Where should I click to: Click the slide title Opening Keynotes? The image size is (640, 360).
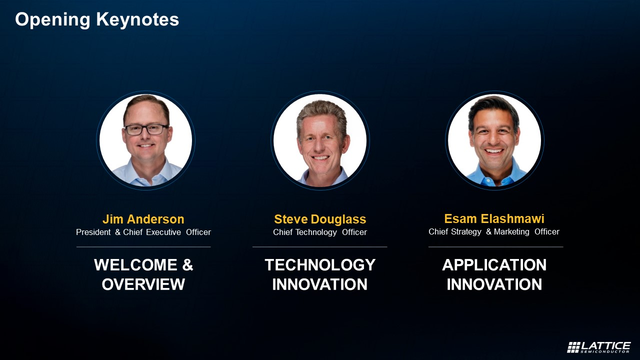click(97, 19)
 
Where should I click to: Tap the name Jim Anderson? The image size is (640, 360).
click(143, 219)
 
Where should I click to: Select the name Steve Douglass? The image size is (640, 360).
click(320, 219)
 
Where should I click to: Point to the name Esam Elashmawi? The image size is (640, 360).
click(494, 218)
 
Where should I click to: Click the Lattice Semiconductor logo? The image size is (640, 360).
click(599, 347)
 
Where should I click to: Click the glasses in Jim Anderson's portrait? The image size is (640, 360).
click(146, 129)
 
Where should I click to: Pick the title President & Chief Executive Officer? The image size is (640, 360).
click(143, 232)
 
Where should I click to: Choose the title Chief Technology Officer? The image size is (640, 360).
click(320, 232)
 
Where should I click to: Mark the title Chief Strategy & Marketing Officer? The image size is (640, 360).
click(494, 231)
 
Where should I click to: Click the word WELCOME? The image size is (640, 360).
click(135, 265)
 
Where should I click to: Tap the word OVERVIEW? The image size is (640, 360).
click(143, 284)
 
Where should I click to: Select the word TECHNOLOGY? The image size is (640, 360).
click(320, 265)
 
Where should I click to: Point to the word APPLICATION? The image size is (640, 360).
click(494, 265)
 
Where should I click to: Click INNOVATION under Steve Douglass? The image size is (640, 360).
click(320, 284)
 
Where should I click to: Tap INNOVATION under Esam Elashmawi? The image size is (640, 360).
click(494, 284)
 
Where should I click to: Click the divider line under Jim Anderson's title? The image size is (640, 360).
click(143, 247)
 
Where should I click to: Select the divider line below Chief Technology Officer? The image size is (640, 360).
click(320, 247)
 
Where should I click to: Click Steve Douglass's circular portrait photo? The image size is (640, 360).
click(320, 140)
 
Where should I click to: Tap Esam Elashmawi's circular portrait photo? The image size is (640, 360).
click(494, 140)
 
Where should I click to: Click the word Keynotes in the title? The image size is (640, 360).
click(137, 19)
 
